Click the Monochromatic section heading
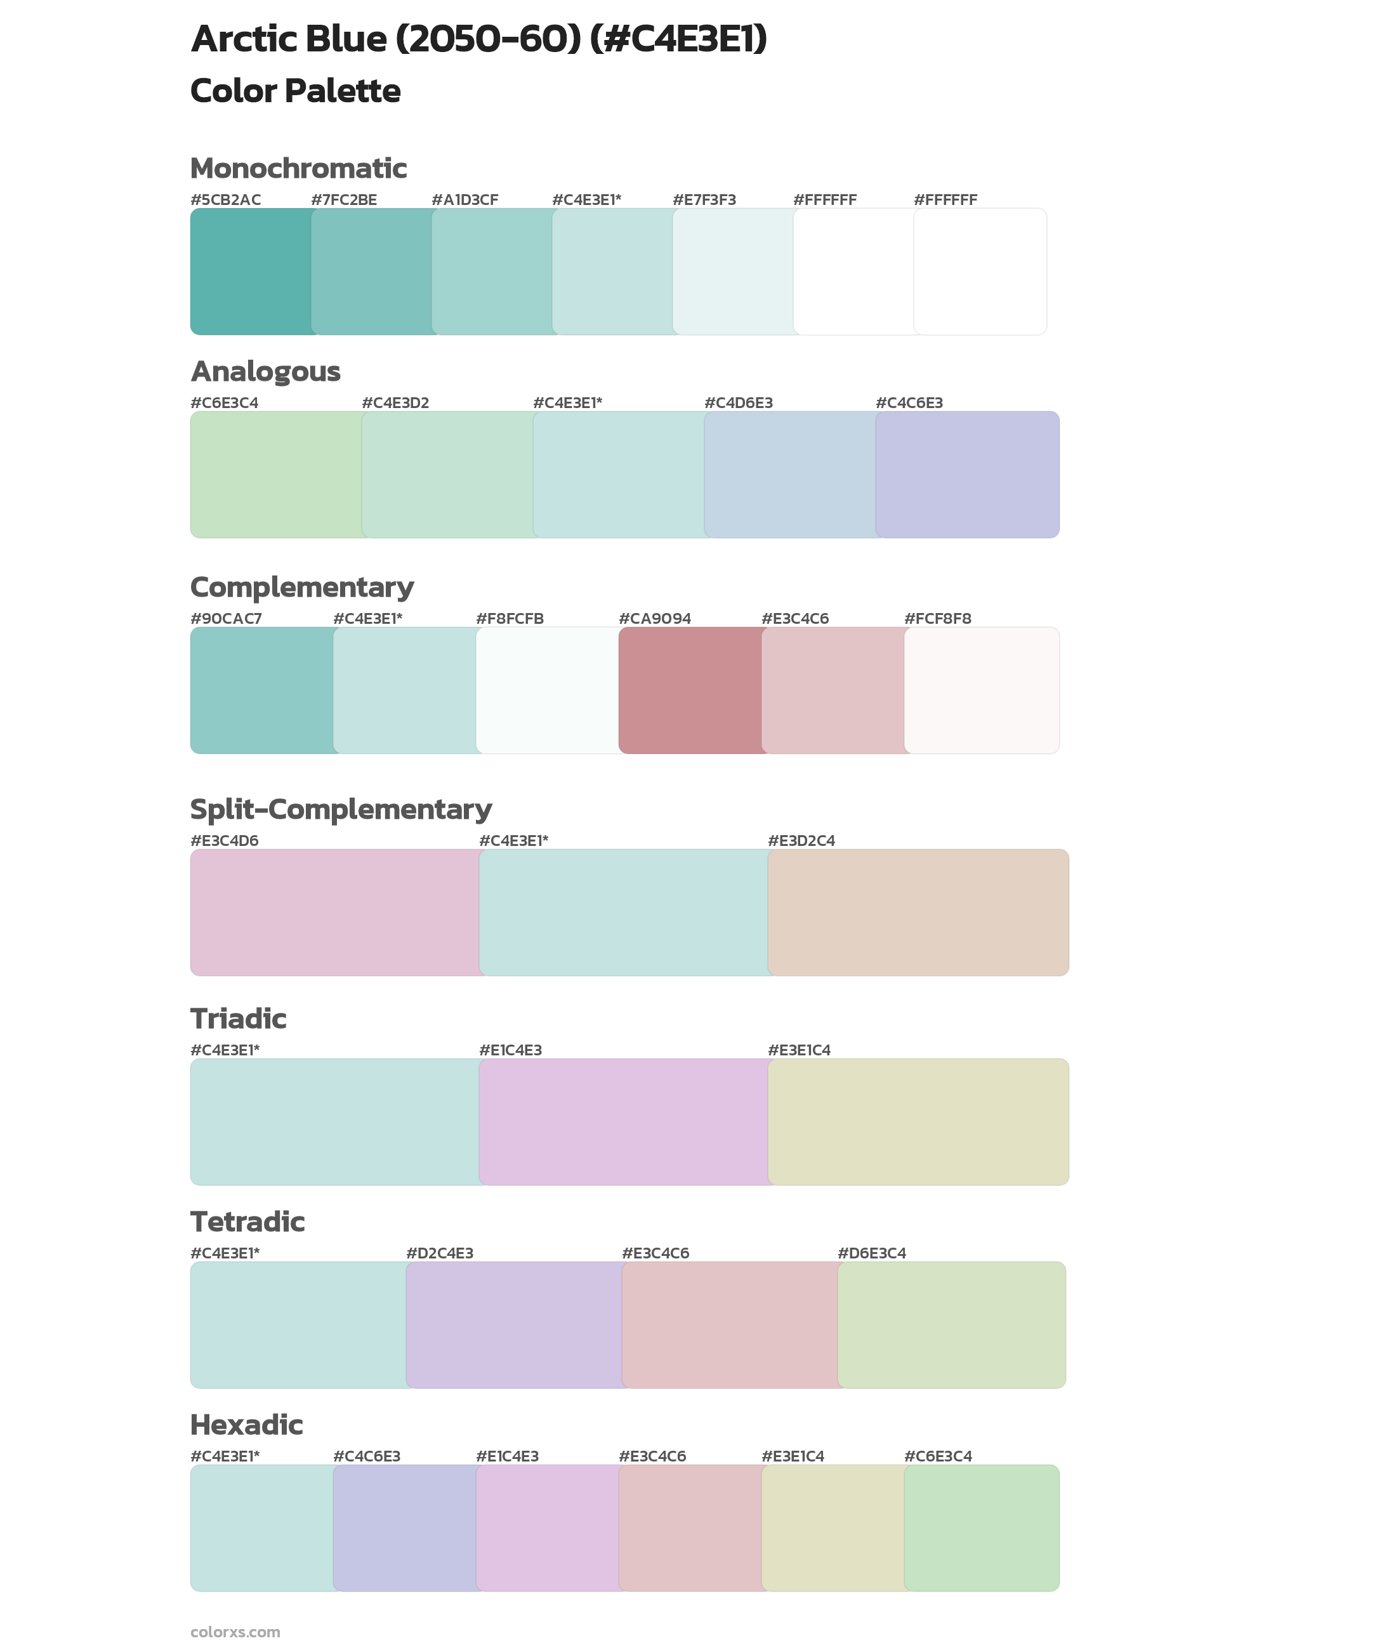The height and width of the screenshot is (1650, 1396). tap(298, 169)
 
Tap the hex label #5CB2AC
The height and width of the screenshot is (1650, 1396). tap(225, 200)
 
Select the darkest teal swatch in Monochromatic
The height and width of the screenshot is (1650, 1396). tap(250, 272)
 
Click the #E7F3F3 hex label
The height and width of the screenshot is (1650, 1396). tap(704, 200)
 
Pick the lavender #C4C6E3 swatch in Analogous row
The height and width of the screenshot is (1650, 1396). tap(967, 475)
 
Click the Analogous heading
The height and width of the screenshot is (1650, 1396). tap(265, 371)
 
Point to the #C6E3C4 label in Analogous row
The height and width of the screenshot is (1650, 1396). tap(224, 403)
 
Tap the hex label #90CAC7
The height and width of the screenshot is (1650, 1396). tap(225, 618)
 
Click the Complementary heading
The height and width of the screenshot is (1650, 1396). tap(301, 587)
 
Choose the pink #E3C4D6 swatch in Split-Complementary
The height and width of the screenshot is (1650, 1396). tap(334, 913)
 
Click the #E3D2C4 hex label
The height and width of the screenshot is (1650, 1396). tap(801, 840)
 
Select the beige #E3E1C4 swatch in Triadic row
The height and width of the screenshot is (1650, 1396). tap(918, 1121)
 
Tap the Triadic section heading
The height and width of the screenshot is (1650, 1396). tap(238, 1019)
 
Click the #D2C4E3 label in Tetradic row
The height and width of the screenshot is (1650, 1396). tap(439, 1253)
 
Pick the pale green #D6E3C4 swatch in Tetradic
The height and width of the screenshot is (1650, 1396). tap(951, 1324)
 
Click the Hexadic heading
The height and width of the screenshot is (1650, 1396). tap(246, 1425)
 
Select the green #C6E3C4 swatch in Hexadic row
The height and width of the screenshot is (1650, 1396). tap(981, 1528)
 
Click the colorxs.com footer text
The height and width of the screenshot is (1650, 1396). tap(235, 1632)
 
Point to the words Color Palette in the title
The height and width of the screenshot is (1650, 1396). tap(295, 91)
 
